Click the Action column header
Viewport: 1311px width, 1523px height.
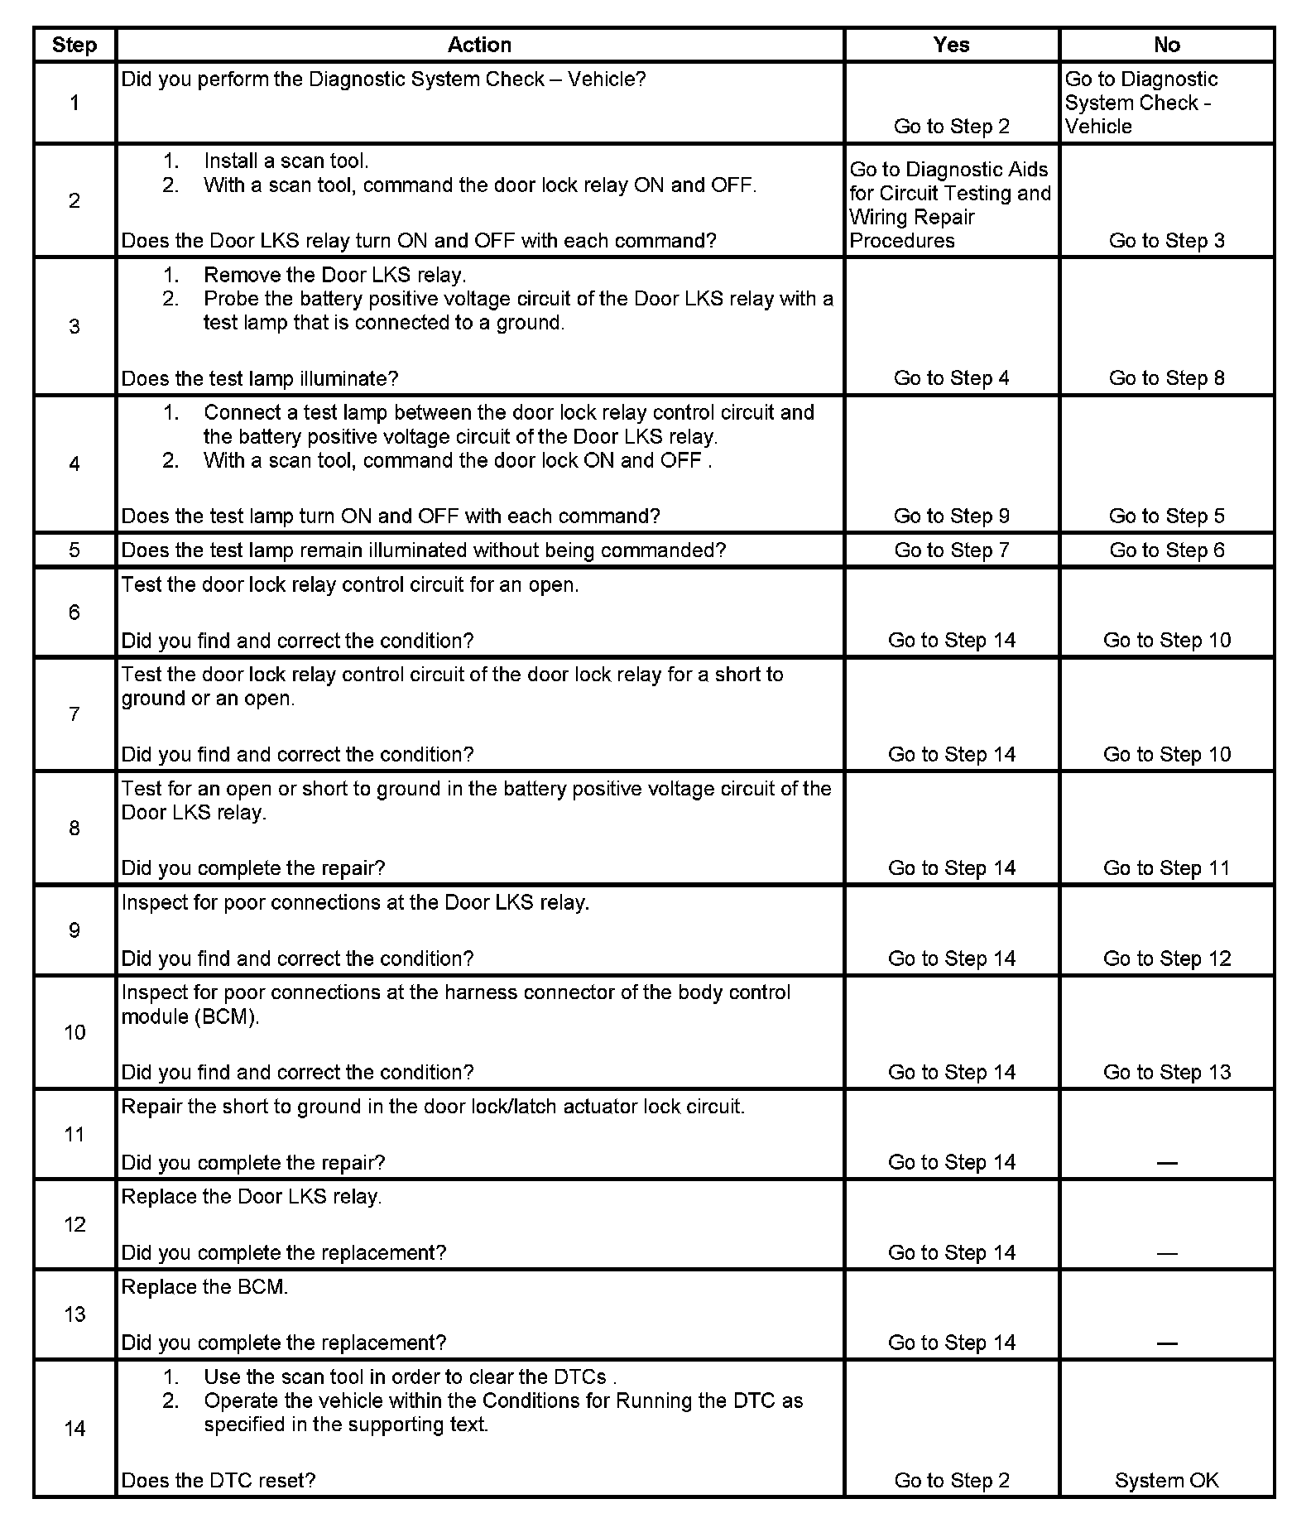479,45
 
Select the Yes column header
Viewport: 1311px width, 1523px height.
951,45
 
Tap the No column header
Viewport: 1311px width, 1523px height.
1166,45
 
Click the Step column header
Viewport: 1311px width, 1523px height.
74,45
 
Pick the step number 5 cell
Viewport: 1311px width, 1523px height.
74,550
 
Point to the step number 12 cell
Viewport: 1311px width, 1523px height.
74,1224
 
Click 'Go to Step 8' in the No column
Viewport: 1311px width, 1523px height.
1166,378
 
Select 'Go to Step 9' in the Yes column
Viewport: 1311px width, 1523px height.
951,516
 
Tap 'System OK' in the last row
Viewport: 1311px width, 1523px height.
1166,1480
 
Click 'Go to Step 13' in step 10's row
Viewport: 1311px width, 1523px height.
1166,1073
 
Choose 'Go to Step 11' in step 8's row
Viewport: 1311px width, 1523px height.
1166,868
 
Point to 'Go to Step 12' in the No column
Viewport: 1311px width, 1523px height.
1166,958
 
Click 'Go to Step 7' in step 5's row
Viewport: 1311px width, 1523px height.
951,550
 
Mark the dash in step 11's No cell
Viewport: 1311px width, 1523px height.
1166,1163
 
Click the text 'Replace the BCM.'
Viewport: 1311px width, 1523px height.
204,1287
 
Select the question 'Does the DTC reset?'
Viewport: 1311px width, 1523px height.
218,1480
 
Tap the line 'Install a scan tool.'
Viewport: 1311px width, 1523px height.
286,161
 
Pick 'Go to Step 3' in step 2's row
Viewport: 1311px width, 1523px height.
1166,241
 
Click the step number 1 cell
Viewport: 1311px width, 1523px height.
74,103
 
